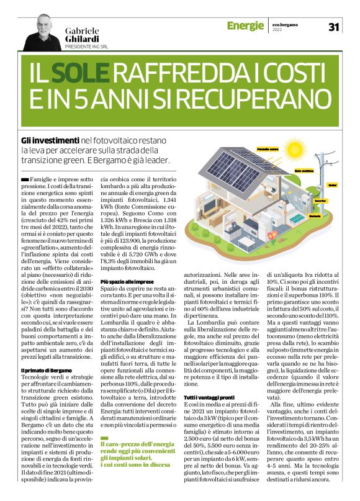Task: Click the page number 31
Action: (x=333, y=27)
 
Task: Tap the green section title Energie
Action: (x=246, y=25)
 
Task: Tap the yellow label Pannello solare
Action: (x=267, y=150)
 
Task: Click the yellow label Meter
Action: (x=332, y=184)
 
